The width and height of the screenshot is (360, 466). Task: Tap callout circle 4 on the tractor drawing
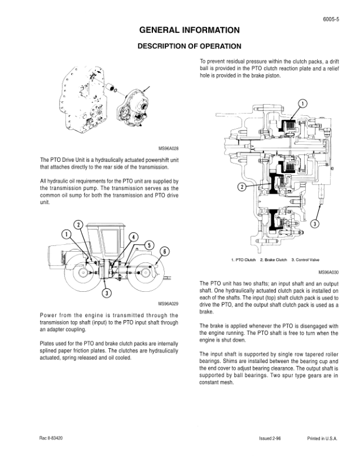(x=134, y=237)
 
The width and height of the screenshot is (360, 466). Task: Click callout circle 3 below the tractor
(x=106, y=292)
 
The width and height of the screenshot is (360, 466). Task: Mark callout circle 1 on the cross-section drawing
(x=303, y=104)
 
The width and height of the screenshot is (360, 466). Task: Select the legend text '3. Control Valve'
(x=307, y=259)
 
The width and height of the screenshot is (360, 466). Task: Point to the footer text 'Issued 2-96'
(x=270, y=439)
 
